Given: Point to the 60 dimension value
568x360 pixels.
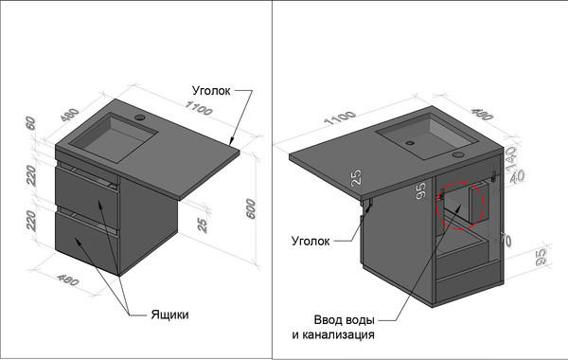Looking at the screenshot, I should pyautogui.click(x=30, y=123).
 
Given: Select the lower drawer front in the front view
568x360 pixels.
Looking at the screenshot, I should pyautogui.click(x=85, y=243).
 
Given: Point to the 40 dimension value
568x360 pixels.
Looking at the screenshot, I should pyautogui.click(x=517, y=177).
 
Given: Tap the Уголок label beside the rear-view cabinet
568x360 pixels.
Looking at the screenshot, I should pyautogui.click(x=310, y=242).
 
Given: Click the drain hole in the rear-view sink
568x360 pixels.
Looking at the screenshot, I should pyautogui.click(x=410, y=143).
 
